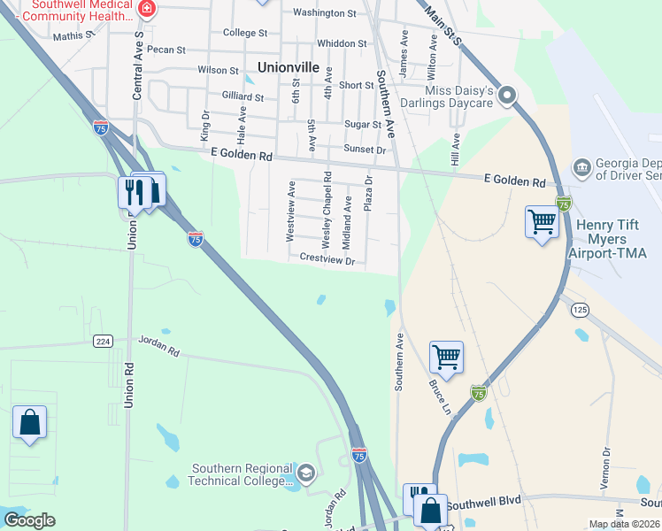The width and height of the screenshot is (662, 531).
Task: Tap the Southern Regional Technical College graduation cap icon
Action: coord(306,471)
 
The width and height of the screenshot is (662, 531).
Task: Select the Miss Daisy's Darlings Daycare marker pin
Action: coord(506,94)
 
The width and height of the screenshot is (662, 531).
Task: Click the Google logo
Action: coord(28,520)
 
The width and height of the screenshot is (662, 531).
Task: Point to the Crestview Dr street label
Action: coord(327,259)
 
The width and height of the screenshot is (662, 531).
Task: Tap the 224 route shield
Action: coord(103,340)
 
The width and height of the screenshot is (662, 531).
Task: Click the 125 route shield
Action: coord(580,309)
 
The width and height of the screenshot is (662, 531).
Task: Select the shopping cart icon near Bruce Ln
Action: coord(447,358)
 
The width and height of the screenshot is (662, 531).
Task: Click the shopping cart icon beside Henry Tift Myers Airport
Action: coord(542,222)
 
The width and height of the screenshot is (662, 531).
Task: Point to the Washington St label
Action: coord(324,13)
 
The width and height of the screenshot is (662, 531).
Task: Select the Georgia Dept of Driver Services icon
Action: coord(581,166)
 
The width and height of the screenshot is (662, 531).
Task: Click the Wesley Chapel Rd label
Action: coord(327,209)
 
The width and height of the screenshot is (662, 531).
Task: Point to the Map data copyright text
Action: coord(624,524)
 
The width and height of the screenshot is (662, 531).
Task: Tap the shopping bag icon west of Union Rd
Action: coord(29,422)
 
